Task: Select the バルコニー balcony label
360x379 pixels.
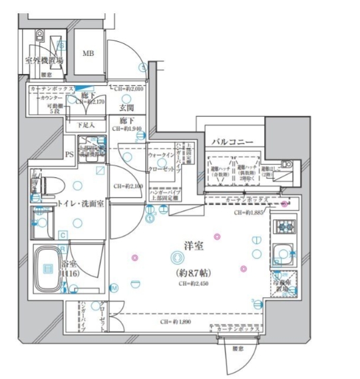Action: [x=232, y=142]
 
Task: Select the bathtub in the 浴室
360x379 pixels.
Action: [x=49, y=268]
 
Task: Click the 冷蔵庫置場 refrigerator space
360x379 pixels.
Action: [x=283, y=286]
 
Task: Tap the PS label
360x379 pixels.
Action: [x=69, y=157]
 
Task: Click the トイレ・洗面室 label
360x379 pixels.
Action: [x=81, y=204]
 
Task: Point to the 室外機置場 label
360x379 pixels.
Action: [x=44, y=61]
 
